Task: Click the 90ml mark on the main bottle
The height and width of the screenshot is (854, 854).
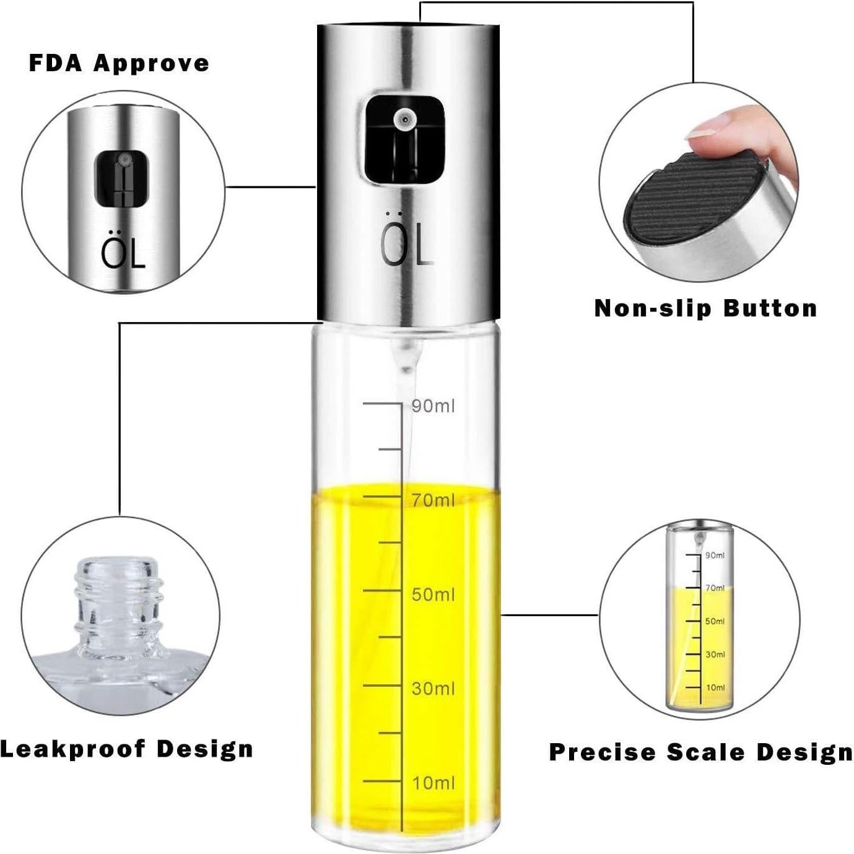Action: (x=433, y=406)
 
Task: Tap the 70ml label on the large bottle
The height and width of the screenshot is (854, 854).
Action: (x=433, y=500)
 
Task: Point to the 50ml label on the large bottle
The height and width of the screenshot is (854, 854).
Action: (x=433, y=595)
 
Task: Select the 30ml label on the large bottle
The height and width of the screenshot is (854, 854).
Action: (x=433, y=689)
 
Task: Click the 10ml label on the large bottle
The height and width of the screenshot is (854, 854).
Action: (x=433, y=783)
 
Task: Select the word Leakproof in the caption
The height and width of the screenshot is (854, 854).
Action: (x=72, y=749)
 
